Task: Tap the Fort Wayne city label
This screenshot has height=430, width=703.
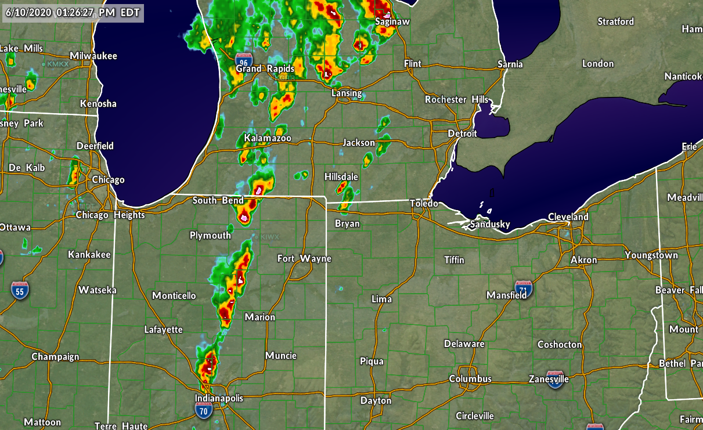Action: tap(304, 258)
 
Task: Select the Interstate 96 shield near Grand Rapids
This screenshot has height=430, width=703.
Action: tap(244, 60)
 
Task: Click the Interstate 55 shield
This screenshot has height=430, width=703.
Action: tap(20, 290)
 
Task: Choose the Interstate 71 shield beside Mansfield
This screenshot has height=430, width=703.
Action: tap(524, 288)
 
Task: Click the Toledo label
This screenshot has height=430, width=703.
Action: tap(424, 203)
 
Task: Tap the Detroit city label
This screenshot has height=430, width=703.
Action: tap(462, 133)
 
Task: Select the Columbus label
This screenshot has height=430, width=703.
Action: tap(470, 379)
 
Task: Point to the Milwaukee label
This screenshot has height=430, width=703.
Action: tap(93, 56)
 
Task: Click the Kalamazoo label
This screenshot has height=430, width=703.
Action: tap(268, 139)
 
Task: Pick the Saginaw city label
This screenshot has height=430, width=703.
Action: tap(392, 21)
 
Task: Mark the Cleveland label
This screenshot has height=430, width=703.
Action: tap(568, 217)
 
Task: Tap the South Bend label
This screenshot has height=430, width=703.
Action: tap(218, 201)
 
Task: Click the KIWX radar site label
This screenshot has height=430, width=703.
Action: tap(270, 237)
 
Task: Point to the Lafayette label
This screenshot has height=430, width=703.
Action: tap(164, 330)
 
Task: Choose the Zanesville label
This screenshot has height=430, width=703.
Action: tap(549, 379)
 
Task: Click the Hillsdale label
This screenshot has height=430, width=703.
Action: tap(341, 176)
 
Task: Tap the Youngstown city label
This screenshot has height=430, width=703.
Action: tap(651, 255)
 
